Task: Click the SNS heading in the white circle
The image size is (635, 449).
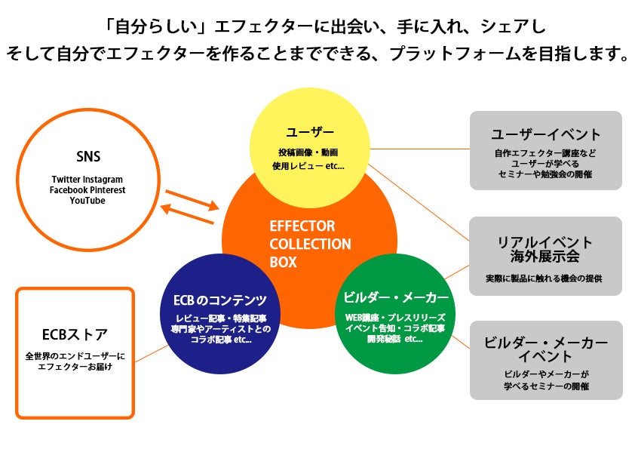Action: click(x=88, y=157)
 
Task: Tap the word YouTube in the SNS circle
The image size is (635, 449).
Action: click(x=87, y=201)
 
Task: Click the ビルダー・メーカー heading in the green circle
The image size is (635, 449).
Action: click(x=396, y=297)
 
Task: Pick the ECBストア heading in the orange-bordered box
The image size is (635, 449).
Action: click(x=75, y=334)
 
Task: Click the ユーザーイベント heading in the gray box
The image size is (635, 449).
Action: click(x=545, y=134)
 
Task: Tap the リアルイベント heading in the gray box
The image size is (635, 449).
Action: click(x=545, y=242)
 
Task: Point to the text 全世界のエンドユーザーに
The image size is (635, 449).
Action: click(x=75, y=355)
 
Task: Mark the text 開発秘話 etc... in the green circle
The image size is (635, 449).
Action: click(x=394, y=339)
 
